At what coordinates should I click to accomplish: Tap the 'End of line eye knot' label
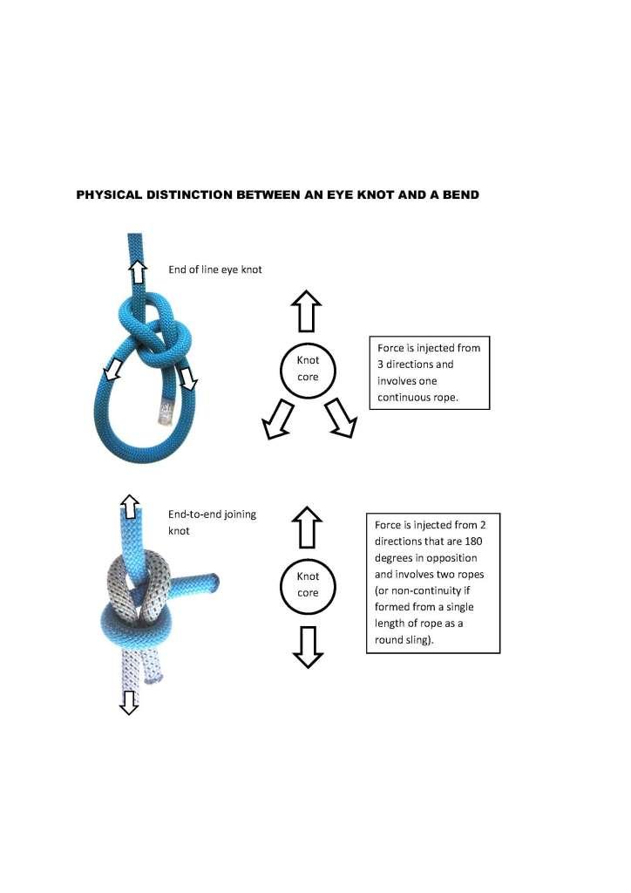(209, 269)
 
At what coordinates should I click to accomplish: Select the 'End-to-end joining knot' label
(212, 521)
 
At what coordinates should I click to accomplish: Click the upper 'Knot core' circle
(308, 371)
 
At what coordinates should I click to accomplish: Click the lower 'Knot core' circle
(308, 583)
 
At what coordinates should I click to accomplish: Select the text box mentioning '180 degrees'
(431, 583)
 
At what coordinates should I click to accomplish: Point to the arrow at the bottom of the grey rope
(129, 701)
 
